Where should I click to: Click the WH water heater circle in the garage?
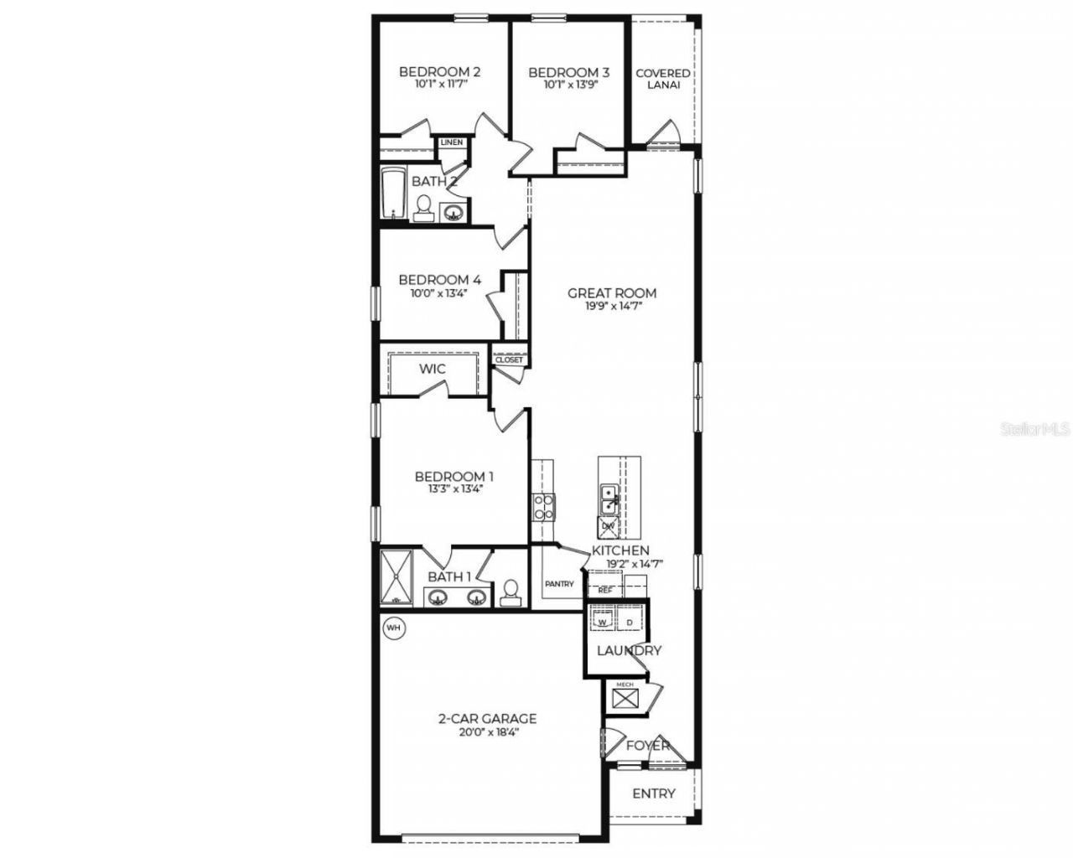pyautogui.click(x=392, y=628)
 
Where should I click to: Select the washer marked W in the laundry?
pyautogui.click(x=601, y=623)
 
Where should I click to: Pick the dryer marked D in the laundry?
pyautogui.click(x=630, y=623)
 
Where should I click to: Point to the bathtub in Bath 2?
pyautogui.click(x=392, y=194)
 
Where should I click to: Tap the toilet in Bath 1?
pyautogui.click(x=510, y=593)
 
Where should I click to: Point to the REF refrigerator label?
pyautogui.click(x=605, y=590)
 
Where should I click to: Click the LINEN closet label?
pyautogui.click(x=452, y=142)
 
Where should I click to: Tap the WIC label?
pyautogui.click(x=433, y=369)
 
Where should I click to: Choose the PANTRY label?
pyautogui.click(x=559, y=584)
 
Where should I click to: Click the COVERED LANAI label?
pyautogui.click(x=662, y=79)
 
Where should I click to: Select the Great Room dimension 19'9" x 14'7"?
pyautogui.click(x=613, y=307)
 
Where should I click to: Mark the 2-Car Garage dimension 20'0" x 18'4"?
pyautogui.click(x=487, y=731)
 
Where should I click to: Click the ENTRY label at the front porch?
pyautogui.click(x=654, y=793)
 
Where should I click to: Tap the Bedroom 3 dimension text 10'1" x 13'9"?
pyautogui.click(x=568, y=85)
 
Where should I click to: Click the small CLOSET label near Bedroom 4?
pyautogui.click(x=509, y=360)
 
